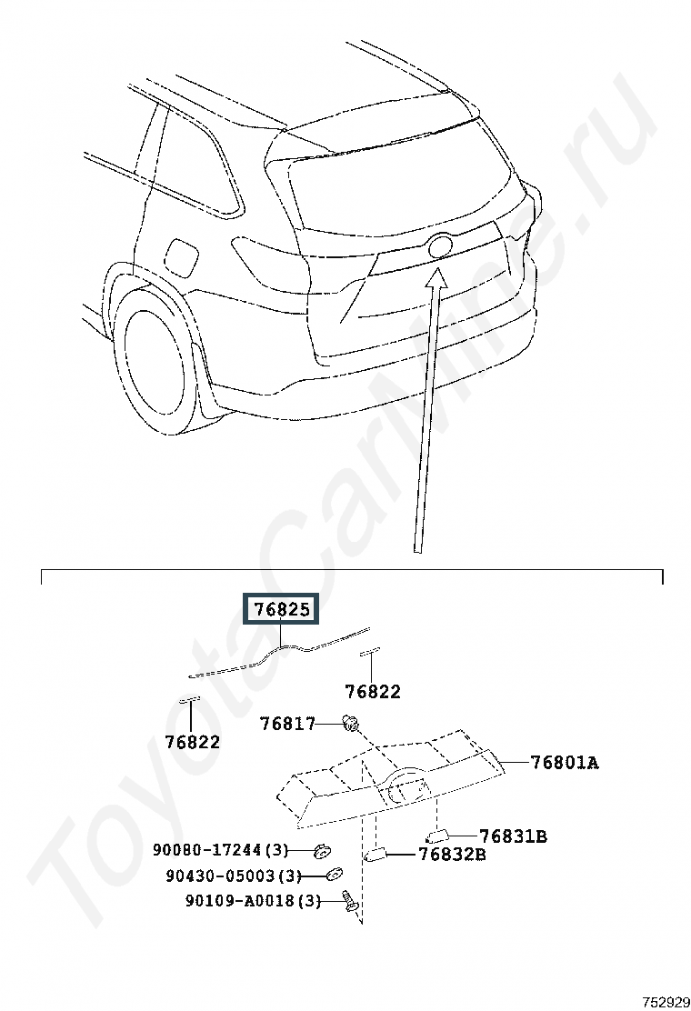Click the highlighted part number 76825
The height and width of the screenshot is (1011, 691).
point(281,609)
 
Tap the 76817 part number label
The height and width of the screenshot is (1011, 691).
point(287,724)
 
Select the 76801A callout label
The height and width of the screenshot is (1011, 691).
point(565,763)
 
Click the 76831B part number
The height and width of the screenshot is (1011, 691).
point(513,836)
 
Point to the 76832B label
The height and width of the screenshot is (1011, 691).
point(453,855)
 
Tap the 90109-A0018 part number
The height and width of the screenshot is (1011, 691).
point(240,901)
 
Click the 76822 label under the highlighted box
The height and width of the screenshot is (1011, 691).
point(373,692)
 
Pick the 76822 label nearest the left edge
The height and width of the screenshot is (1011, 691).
point(192,742)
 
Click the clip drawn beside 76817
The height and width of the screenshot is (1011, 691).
point(351,724)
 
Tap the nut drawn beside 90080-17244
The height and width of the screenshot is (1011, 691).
point(320,852)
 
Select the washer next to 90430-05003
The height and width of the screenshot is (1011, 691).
point(334,875)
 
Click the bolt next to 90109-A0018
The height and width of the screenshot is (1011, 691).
point(349,901)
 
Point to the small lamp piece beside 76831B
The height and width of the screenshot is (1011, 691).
point(436,837)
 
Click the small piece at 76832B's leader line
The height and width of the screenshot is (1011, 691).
point(376,856)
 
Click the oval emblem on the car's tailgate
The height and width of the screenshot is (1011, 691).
point(440,245)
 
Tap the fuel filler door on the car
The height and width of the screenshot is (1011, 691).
point(182,255)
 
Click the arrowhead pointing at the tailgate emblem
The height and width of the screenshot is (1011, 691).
point(436,276)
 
